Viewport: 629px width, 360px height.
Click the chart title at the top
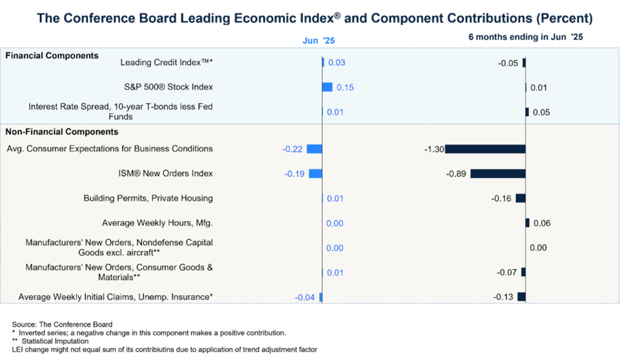(x=314, y=18)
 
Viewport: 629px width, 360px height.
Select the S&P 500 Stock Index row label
(x=168, y=87)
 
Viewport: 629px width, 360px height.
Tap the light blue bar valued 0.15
(x=327, y=87)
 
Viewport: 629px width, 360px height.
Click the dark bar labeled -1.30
(x=485, y=149)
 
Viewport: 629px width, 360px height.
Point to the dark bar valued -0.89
(x=497, y=174)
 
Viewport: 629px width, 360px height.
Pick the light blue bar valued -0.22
(x=314, y=149)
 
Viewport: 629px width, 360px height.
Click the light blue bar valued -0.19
(x=315, y=174)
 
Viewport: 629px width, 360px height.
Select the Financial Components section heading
(x=52, y=55)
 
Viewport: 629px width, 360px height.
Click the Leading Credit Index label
(x=166, y=63)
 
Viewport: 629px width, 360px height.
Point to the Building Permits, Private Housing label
(x=148, y=198)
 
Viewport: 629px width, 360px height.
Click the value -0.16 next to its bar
(x=501, y=198)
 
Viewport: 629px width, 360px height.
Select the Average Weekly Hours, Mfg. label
(x=157, y=223)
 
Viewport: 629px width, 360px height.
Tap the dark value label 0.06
(x=541, y=223)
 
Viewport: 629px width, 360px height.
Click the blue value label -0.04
(x=305, y=297)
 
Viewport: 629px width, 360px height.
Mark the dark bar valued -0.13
(x=521, y=297)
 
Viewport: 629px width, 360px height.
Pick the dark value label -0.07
(x=506, y=272)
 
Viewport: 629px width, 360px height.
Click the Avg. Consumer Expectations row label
(x=109, y=149)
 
